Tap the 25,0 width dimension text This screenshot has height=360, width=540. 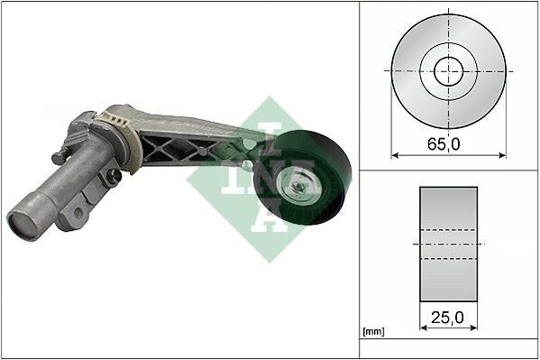tap(448, 318)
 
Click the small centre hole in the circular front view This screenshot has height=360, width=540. tap(448, 70)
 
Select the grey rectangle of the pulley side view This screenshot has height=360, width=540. tap(449, 245)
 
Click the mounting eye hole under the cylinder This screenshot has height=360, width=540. tap(78, 214)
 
